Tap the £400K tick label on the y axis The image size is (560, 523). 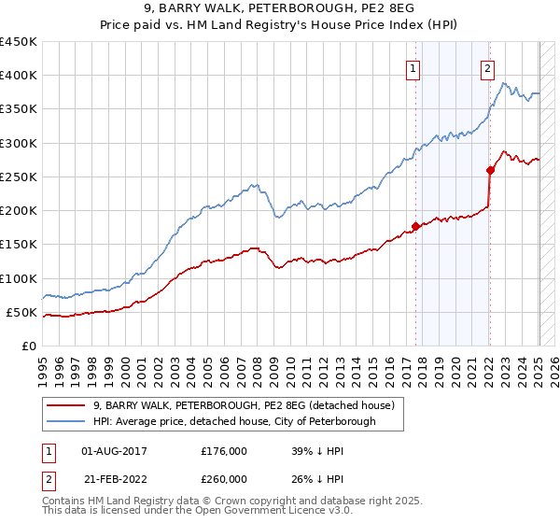click(19, 76)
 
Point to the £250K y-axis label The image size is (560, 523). click(19, 177)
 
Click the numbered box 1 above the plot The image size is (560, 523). click(413, 67)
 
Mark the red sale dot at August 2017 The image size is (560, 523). click(415, 226)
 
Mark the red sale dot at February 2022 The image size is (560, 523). click(490, 170)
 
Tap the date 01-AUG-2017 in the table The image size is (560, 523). click(114, 450)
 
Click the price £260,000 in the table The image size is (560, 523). click(225, 479)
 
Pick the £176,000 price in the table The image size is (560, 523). click(225, 450)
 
